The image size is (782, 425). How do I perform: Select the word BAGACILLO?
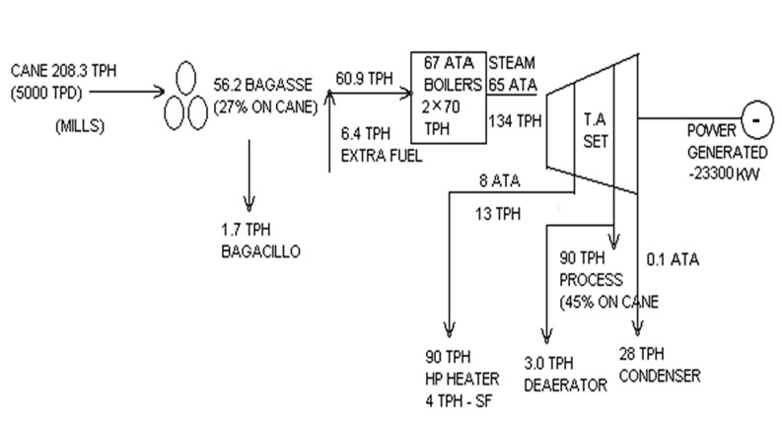pos(260,251)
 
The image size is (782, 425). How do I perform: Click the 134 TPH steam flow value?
pos(515,120)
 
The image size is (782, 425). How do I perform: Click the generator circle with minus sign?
pos(754,122)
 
